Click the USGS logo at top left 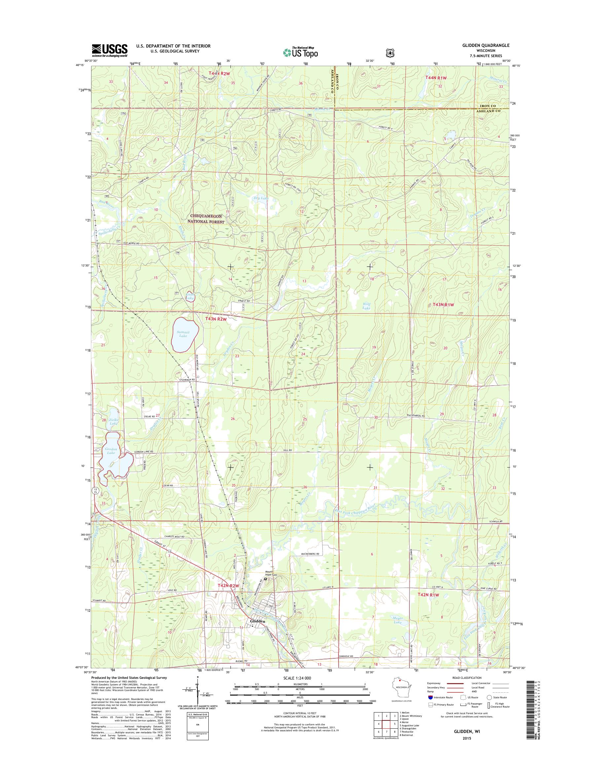(109, 51)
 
